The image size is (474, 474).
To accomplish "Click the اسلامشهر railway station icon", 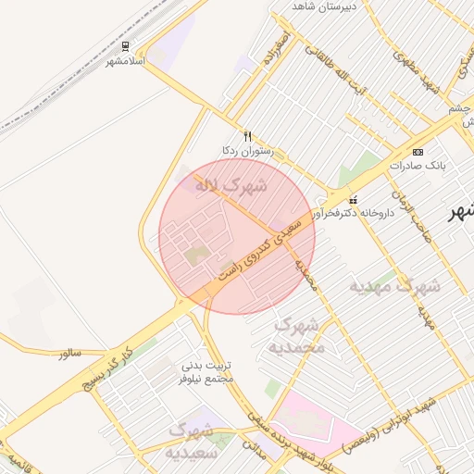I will coord(126,45).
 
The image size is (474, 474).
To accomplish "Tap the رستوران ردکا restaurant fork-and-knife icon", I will coord(247,135).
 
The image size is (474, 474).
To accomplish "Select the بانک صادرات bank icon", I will coord(418,151).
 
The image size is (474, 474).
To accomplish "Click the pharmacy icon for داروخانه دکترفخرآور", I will coord(353,200).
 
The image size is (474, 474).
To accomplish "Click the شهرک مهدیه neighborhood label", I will coord(394,286).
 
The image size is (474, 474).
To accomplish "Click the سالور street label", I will coord(69,354).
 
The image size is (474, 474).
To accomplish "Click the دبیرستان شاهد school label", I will coord(324,6).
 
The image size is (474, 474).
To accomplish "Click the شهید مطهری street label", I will coord(417,69).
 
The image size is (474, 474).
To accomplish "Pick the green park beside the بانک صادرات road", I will coord(359,174).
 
